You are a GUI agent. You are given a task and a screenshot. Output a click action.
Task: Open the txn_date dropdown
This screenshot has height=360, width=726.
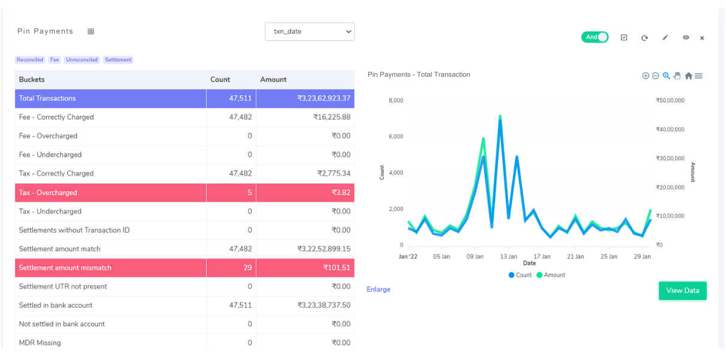[310, 32]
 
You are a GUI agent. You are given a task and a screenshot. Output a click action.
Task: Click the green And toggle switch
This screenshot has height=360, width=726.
[595, 37]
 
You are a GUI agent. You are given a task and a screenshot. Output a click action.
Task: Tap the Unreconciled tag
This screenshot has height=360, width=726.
[82, 60]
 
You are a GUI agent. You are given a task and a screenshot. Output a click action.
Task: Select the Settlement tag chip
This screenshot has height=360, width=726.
[118, 60]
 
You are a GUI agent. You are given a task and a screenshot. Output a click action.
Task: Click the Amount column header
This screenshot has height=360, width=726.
[274, 80]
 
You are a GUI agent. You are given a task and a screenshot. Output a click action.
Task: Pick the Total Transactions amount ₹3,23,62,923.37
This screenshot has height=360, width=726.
[324, 98]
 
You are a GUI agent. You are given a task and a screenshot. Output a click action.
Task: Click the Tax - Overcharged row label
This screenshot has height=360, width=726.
[48, 193]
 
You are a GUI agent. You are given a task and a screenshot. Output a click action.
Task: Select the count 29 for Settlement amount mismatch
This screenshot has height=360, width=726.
[247, 268]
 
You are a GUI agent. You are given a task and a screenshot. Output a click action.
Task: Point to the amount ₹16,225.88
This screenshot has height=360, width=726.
[332, 117]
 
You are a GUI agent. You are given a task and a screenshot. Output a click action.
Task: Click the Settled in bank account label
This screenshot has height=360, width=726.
[56, 305]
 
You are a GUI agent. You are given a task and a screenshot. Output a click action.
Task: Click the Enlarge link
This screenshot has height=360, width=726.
[379, 290]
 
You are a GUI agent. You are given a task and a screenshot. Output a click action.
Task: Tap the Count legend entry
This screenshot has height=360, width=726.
[520, 275]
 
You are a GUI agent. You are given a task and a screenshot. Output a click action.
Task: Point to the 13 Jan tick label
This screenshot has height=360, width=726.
[508, 256]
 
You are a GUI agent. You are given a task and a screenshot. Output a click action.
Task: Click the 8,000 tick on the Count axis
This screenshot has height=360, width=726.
[396, 100]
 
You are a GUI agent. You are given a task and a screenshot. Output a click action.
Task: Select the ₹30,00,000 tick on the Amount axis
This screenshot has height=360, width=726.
[670, 158]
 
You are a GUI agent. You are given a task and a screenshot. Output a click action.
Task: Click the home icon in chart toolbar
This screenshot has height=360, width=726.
[688, 76]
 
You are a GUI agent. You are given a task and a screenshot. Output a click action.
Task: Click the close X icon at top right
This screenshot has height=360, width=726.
[702, 38]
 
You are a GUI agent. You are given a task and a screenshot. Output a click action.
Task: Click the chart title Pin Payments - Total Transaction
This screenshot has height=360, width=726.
[419, 75]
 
